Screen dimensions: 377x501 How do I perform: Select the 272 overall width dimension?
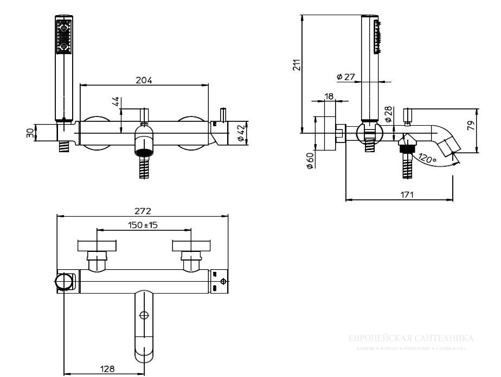click(x=143, y=211)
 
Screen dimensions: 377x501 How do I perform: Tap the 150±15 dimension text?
click(x=143, y=225)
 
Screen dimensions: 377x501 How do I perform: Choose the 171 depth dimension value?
click(x=407, y=194)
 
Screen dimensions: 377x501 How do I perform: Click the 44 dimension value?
click(x=115, y=102)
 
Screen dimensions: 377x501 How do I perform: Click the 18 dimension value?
click(x=328, y=96)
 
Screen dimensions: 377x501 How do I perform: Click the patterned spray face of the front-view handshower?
click(x=63, y=36)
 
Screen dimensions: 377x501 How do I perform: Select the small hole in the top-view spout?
click(x=145, y=315)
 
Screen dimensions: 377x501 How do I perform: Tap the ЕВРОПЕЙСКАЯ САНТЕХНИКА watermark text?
click(x=411, y=339)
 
